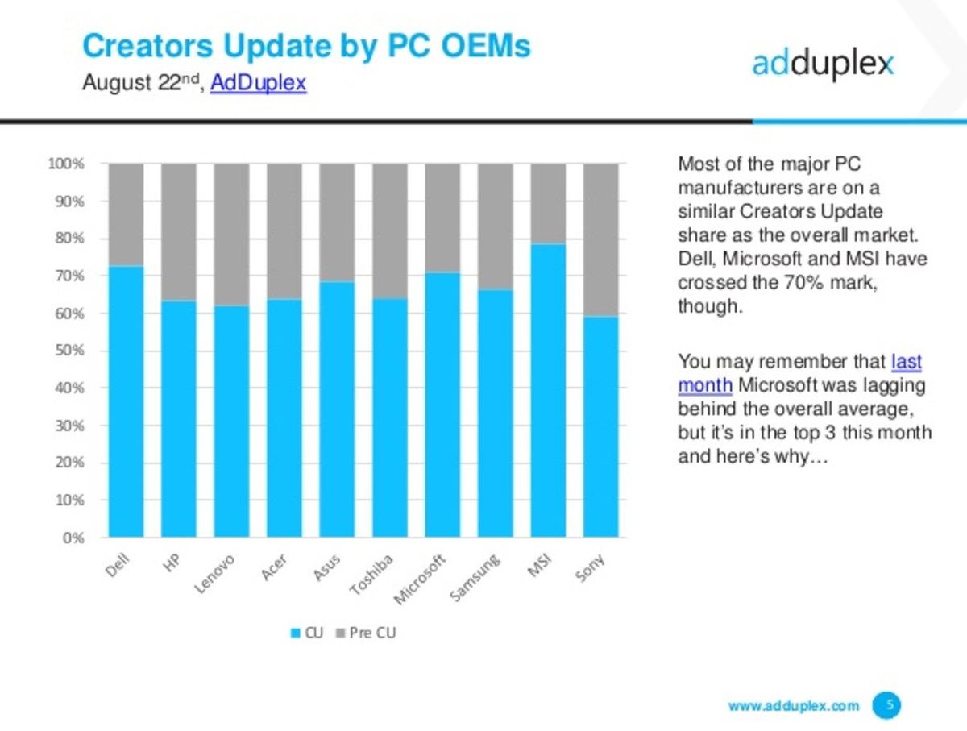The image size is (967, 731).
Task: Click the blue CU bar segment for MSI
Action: tap(548, 390)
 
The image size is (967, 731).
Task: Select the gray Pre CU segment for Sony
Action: tap(600, 239)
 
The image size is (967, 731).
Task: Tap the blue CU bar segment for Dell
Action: tap(127, 401)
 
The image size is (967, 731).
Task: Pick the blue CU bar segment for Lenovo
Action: tap(231, 421)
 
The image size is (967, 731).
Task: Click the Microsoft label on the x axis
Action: tap(421, 579)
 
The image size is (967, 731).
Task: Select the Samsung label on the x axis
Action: tap(475, 578)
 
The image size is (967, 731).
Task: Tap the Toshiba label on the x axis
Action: tap(371, 575)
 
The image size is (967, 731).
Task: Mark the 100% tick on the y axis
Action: tap(65, 164)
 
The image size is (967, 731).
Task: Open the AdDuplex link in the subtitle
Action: tap(258, 83)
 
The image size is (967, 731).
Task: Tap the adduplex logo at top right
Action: tap(823, 63)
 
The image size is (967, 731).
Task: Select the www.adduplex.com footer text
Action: tap(793, 706)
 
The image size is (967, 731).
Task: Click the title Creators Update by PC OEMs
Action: tap(306, 46)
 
